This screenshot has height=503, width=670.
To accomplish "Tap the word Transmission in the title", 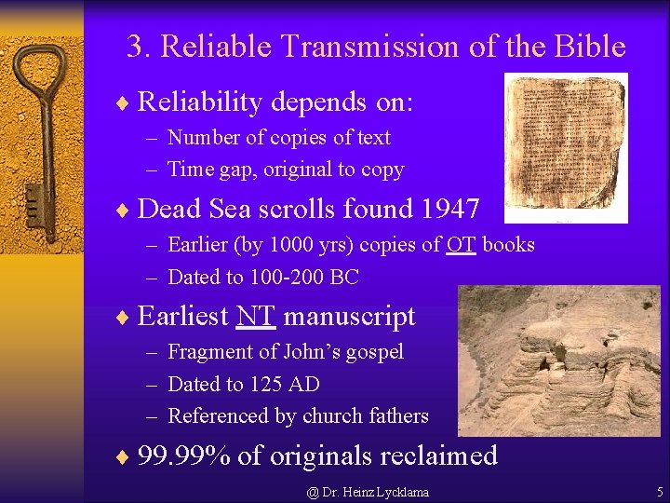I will click(x=368, y=47).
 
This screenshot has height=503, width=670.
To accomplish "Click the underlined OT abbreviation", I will click(x=461, y=245).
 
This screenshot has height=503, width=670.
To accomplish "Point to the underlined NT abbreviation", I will click(x=256, y=317).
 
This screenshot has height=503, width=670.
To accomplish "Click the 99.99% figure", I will click(x=183, y=455).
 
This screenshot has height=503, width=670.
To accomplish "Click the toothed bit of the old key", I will click(x=36, y=199).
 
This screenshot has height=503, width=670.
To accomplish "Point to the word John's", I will click(x=317, y=352).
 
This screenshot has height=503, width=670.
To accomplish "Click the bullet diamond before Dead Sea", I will click(x=123, y=209).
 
